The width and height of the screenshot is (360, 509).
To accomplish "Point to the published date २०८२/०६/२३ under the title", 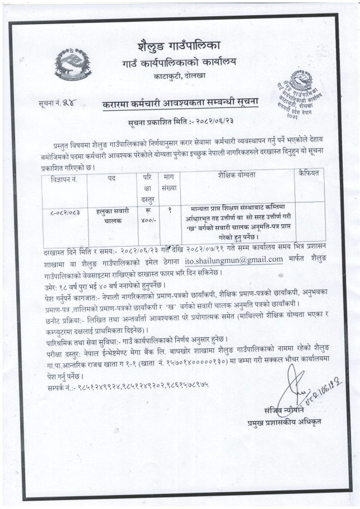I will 211,121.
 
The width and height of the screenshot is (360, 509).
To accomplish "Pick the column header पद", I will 111,175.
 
